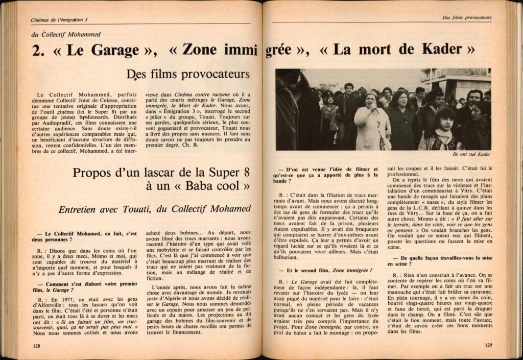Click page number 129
tap(487, 345)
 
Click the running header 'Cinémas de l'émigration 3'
tap(59, 19)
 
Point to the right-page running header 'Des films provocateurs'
tap(467, 18)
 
